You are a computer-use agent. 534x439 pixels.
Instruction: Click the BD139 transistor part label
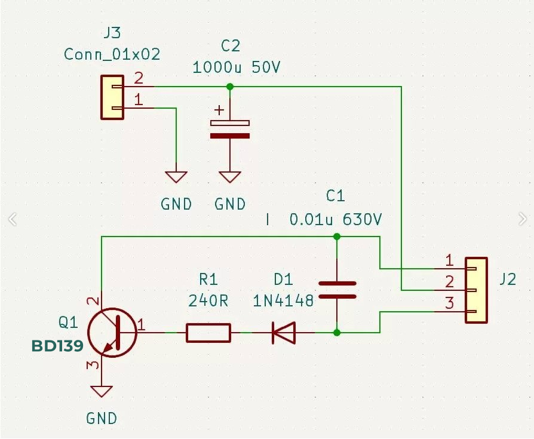56,346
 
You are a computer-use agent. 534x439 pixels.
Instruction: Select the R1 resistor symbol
208,333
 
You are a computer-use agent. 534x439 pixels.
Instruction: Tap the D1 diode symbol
284,333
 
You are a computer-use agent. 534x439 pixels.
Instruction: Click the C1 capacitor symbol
337,289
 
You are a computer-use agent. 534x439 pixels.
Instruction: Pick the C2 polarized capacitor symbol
230,129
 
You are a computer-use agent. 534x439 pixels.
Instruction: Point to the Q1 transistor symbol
112,333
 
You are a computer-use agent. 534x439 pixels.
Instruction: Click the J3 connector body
112,97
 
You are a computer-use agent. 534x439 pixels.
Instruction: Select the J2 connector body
477,290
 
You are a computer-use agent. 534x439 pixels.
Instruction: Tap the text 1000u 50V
236,67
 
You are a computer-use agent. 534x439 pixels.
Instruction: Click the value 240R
208,300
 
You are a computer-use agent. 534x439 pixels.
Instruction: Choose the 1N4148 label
283,300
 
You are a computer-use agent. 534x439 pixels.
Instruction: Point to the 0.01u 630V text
336,220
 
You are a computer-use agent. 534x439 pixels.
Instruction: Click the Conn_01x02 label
112,54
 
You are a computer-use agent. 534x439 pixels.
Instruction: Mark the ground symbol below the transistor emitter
102,392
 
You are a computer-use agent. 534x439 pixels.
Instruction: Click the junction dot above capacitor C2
230,87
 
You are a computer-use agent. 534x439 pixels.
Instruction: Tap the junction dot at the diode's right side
337,333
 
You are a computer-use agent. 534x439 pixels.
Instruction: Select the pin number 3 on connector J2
449,303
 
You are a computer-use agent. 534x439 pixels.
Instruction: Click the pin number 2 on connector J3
139,78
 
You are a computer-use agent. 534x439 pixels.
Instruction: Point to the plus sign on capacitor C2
220,110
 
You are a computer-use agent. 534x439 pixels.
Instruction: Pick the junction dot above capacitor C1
337,237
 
